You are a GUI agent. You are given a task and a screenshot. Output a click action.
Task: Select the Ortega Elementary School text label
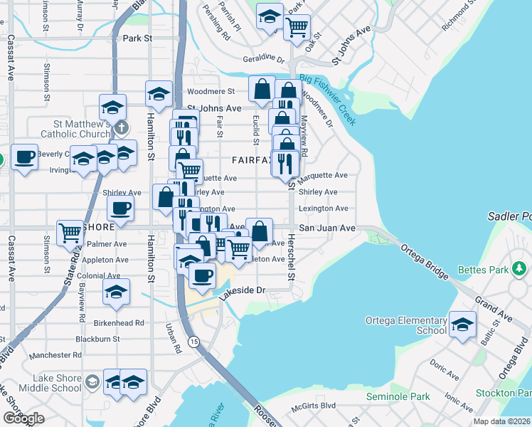pyautogui.click(x=406, y=325)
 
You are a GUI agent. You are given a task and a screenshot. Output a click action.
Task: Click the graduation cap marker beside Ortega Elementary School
pyautogui.click(x=463, y=325)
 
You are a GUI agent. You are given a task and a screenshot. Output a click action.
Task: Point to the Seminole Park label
pyautogui.click(x=398, y=396)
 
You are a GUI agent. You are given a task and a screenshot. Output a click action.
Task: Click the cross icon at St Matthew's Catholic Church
pyautogui.click(x=122, y=128)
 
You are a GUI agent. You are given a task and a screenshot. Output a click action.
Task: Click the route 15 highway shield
pyautogui.click(x=193, y=342)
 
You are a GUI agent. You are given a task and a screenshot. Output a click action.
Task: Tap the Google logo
pyautogui.click(x=24, y=418)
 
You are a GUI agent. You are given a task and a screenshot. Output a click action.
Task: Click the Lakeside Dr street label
pyautogui.click(x=241, y=290)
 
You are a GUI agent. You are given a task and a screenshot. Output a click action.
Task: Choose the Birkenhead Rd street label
pyautogui.click(x=119, y=322)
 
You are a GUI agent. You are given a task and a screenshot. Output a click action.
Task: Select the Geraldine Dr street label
pyautogui.click(x=263, y=59)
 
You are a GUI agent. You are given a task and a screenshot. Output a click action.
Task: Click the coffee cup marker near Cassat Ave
pyautogui.click(x=25, y=157)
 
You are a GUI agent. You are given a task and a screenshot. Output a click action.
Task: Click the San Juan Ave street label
pyautogui.click(x=326, y=228)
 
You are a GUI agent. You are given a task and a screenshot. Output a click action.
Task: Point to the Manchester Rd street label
pyautogui.click(x=57, y=354)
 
